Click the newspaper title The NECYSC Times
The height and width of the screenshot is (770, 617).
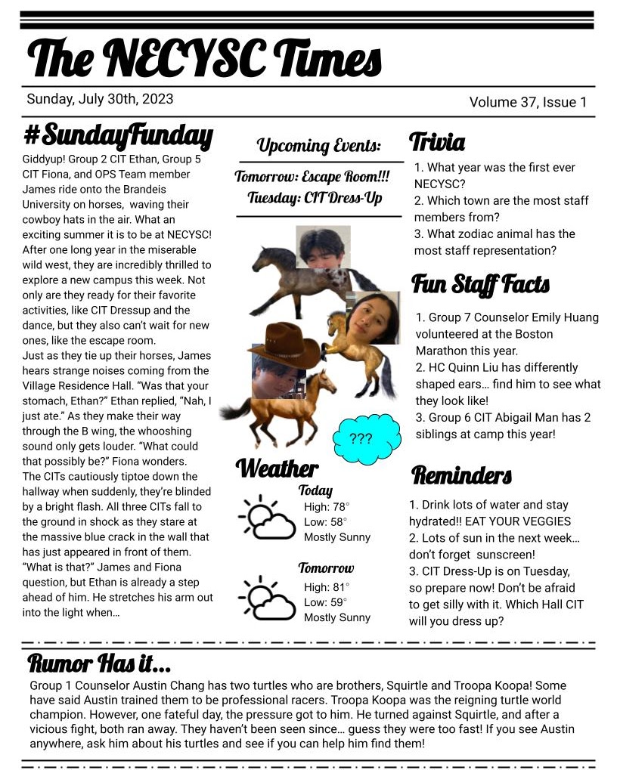click(x=204, y=58)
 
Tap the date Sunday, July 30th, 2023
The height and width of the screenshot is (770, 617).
click(x=100, y=99)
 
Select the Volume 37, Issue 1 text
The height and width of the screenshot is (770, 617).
click(x=528, y=102)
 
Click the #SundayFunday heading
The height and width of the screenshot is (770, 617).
click(x=118, y=136)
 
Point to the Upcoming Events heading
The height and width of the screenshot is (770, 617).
click(x=318, y=145)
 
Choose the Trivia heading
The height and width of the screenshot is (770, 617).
click(x=437, y=141)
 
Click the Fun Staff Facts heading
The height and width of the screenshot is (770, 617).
click(x=480, y=285)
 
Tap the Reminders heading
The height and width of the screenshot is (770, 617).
click(x=461, y=475)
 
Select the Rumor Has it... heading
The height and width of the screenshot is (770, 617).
click(x=99, y=664)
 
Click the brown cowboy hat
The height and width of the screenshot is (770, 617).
click(x=284, y=345)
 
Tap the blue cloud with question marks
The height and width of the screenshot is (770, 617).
click(x=364, y=438)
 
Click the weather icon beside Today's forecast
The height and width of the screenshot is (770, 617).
click(x=266, y=518)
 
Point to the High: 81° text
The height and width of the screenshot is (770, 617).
click(x=327, y=587)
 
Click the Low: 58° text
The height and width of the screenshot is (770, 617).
click(x=325, y=521)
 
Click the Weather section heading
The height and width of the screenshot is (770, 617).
click(x=277, y=468)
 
